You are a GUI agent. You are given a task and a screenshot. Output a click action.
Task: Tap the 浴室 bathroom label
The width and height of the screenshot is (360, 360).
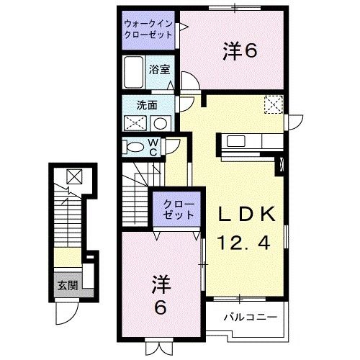coord(159,70)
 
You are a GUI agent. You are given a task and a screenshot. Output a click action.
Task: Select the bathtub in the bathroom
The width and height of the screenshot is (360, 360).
coord(133,71)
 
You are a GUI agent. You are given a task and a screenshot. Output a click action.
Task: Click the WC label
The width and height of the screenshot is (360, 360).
coord(153,146)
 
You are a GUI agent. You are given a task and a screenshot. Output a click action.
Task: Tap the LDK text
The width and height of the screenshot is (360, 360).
coord(243,214)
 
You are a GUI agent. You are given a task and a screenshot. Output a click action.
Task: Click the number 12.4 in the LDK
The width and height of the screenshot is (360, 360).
coord(243,243)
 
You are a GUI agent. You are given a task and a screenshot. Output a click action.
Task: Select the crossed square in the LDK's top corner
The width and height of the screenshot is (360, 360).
coord(273,105)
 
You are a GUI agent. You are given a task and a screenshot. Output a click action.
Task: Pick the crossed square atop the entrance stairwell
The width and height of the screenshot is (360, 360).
coord(73,175)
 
